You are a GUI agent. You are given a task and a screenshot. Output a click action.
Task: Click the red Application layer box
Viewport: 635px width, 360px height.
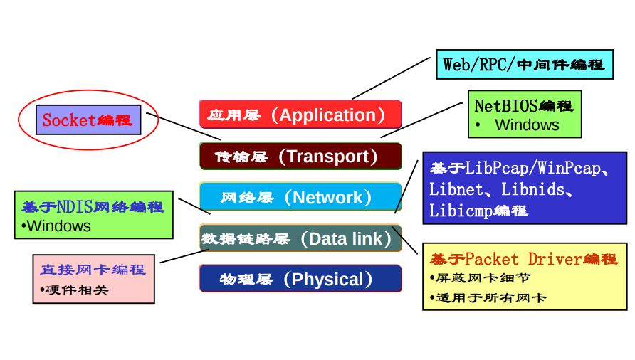(300, 115)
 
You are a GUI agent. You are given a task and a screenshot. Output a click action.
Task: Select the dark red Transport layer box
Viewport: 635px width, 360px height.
(300, 156)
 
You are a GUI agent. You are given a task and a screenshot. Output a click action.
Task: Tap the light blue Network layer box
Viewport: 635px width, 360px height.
(300, 197)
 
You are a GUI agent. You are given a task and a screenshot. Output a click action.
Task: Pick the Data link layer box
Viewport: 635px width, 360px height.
(300, 238)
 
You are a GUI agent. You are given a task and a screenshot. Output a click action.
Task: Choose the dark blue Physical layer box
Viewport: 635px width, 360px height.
(300, 279)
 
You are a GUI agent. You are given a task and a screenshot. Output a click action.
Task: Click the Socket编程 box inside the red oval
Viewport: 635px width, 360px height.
(88, 120)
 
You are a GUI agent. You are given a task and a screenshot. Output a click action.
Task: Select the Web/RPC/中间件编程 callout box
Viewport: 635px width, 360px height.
(524, 65)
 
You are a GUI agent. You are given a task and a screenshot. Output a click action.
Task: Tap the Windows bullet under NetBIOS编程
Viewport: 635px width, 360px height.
(527, 125)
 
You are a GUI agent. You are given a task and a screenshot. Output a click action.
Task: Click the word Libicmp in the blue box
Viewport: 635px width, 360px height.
(460, 211)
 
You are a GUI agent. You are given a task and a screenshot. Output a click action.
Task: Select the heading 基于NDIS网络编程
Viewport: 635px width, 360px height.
(93, 207)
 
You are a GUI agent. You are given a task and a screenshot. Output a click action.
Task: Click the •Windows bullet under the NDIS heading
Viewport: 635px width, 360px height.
(56, 226)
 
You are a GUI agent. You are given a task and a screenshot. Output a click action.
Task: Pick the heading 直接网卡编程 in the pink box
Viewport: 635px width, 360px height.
(93, 269)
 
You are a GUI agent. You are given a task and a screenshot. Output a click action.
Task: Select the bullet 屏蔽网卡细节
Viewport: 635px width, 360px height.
(473, 279)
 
